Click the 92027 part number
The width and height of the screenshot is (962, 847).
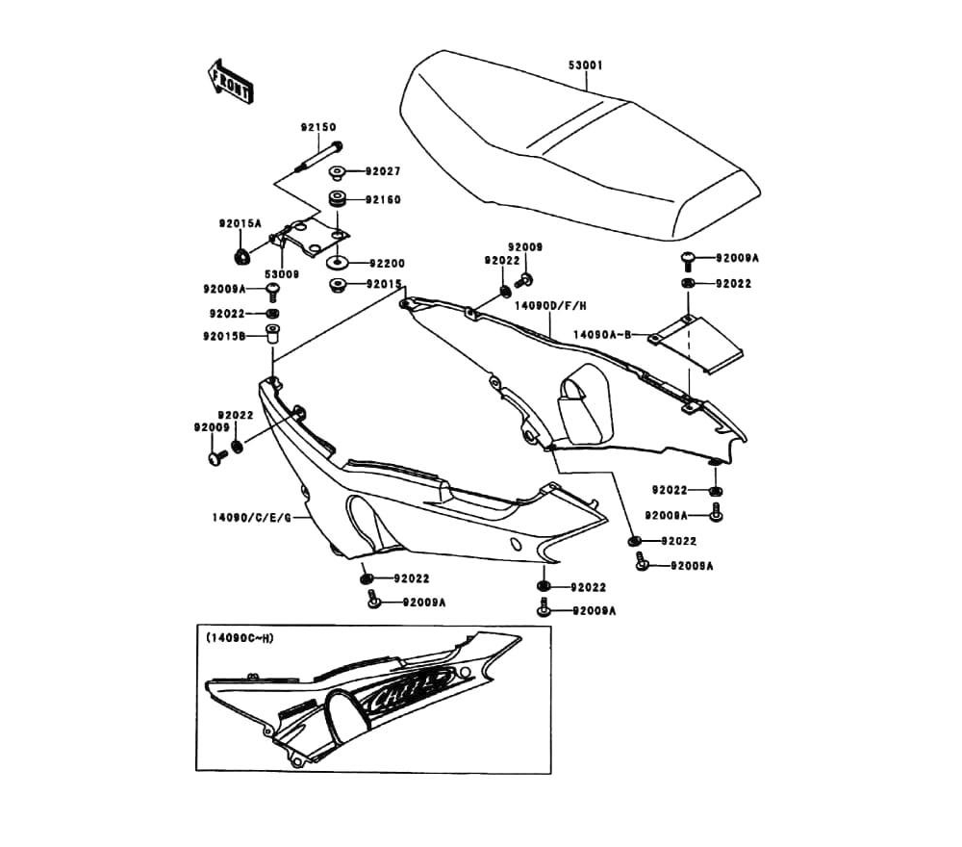point(381,171)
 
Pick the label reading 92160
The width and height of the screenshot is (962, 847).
point(381,200)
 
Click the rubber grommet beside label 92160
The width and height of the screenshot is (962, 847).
point(339,200)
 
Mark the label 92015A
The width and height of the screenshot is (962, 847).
point(240,223)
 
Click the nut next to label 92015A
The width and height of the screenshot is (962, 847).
point(241,255)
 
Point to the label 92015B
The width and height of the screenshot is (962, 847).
point(224,336)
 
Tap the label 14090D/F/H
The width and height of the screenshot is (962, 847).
point(550,305)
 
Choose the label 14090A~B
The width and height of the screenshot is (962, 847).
point(602,335)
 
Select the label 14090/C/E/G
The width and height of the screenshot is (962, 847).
point(251,517)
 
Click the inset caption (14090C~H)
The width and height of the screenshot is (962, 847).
point(240,638)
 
